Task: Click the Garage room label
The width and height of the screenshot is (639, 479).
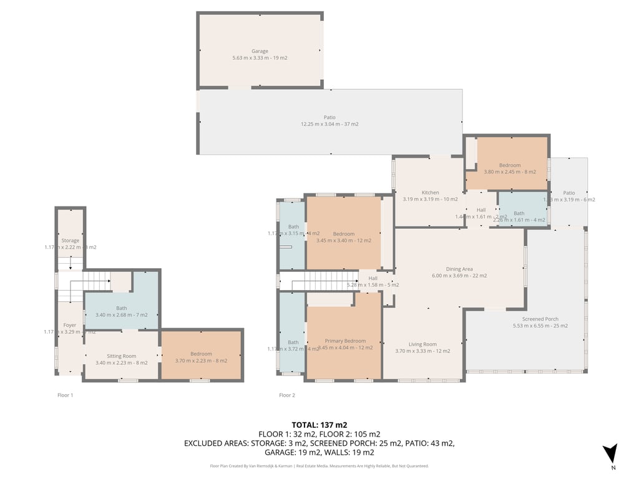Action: tap(260, 51)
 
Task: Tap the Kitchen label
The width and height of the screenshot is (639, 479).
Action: tap(430, 193)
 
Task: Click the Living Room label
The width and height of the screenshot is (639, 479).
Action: tap(422, 344)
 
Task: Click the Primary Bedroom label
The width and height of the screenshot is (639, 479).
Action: tap(345, 341)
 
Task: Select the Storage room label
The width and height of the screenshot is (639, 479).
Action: tap(70, 240)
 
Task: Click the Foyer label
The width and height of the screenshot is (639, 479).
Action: tap(69, 325)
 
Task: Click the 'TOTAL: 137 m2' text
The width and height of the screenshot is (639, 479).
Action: tap(319, 425)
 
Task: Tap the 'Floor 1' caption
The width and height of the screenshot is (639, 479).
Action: tap(65, 395)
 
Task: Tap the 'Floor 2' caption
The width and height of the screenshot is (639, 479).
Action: tap(287, 395)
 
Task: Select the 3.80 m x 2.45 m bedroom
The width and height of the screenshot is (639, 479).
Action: tap(510, 168)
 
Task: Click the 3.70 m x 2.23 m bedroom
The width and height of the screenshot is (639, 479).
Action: tap(201, 357)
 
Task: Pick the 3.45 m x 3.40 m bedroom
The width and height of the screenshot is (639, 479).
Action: tap(343, 237)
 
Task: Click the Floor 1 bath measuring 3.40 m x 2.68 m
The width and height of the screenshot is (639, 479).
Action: tap(121, 311)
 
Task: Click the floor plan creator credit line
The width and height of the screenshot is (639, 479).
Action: tap(319, 466)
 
